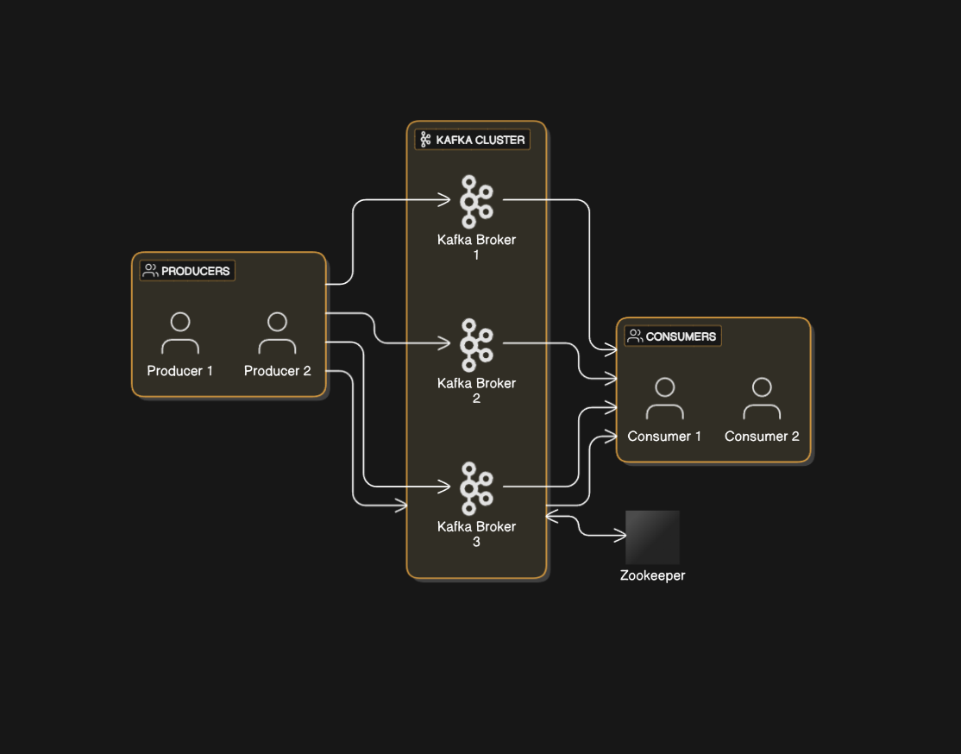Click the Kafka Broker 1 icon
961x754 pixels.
(475, 201)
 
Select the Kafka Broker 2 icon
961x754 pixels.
(475, 344)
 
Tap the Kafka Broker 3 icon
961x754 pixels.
(475, 487)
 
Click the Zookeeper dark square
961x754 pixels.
(652, 537)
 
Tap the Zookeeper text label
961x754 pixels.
(652, 575)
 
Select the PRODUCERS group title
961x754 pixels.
(195, 271)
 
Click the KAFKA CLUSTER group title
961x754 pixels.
(480, 140)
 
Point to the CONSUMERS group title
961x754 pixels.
(681, 336)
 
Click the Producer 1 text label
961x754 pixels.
(180, 371)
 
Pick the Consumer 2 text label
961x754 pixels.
(762, 437)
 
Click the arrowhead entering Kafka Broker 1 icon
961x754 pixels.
(445, 201)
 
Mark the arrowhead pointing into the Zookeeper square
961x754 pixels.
(620, 536)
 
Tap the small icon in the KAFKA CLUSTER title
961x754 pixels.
(425, 140)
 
